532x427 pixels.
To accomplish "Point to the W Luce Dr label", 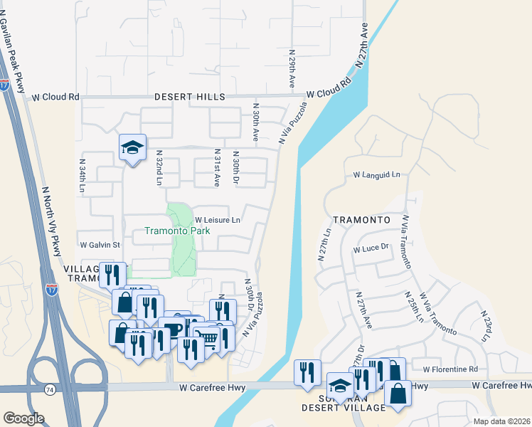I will [x=372, y=248].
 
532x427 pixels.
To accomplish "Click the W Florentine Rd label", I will [x=450, y=369].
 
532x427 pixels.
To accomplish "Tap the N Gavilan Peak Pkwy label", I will [x=14, y=47].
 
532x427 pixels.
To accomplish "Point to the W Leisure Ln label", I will [x=218, y=221].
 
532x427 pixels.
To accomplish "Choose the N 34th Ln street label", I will [x=83, y=177].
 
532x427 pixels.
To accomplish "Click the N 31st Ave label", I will [x=217, y=168].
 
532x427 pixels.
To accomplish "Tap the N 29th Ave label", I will [x=292, y=69].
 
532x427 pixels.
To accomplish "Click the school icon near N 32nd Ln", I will [x=132, y=147].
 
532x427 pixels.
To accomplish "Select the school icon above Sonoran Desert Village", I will [x=341, y=385].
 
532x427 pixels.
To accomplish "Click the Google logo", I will [x=23, y=418].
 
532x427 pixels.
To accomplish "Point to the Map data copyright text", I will [x=501, y=421].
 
